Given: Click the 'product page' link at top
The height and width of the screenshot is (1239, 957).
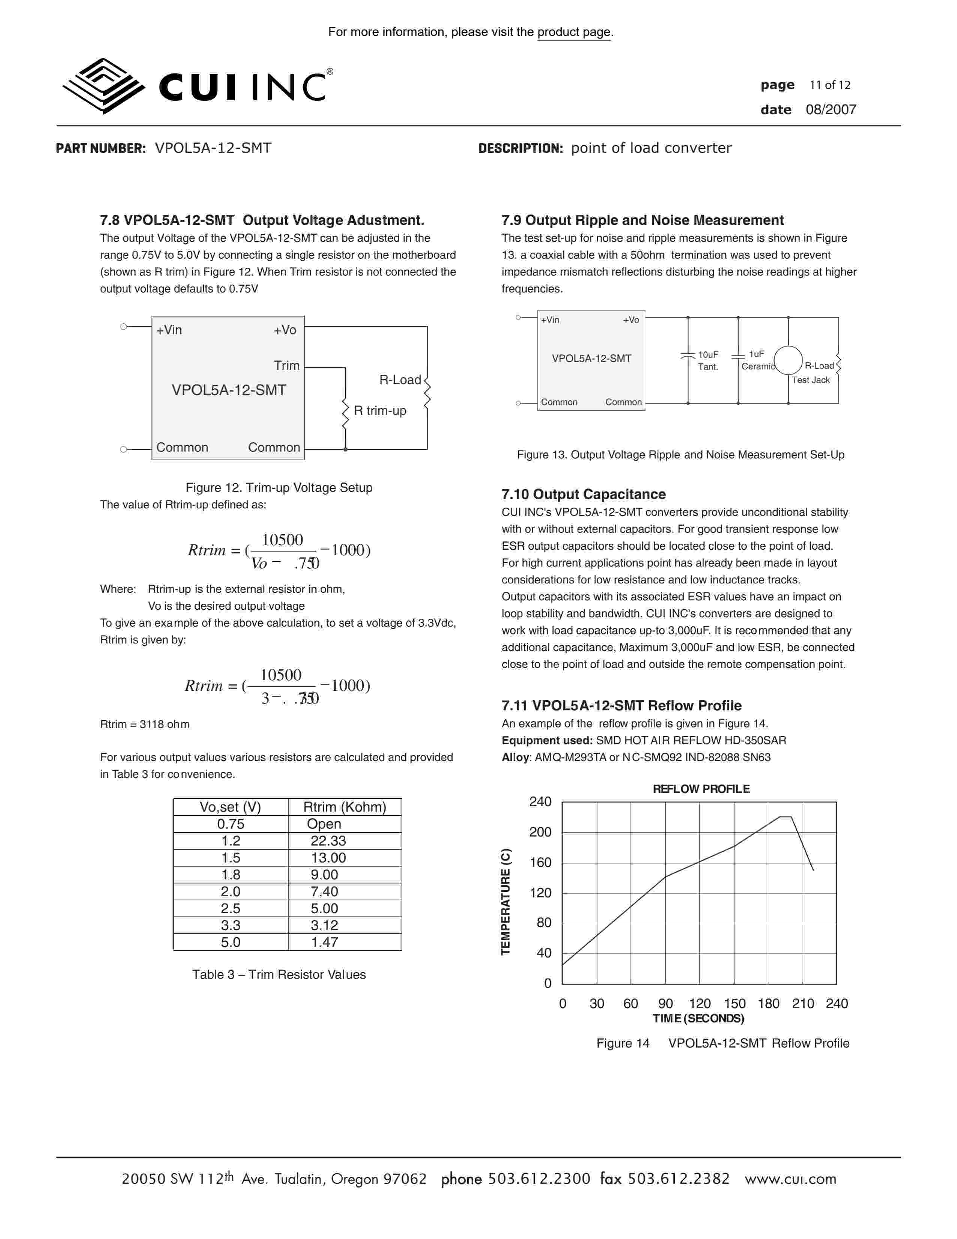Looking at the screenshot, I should click(574, 32).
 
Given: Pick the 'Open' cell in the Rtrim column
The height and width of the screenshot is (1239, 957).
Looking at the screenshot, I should click(324, 824).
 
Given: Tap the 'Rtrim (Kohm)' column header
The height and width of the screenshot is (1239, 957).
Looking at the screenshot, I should click(344, 807).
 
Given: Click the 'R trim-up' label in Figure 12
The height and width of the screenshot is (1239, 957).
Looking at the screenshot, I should click(380, 411).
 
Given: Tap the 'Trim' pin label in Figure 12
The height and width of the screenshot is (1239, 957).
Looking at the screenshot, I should click(286, 365).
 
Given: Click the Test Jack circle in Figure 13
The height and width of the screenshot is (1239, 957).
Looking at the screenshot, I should click(788, 360).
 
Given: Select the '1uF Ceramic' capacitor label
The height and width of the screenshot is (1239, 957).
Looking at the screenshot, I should click(757, 360).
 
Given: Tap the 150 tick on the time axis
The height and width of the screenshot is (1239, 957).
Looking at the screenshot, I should click(735, 1004).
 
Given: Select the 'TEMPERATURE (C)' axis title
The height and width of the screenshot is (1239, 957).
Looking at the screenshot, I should click(506, 901).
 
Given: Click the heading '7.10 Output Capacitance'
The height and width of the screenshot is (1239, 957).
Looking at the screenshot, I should click(583, 494).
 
